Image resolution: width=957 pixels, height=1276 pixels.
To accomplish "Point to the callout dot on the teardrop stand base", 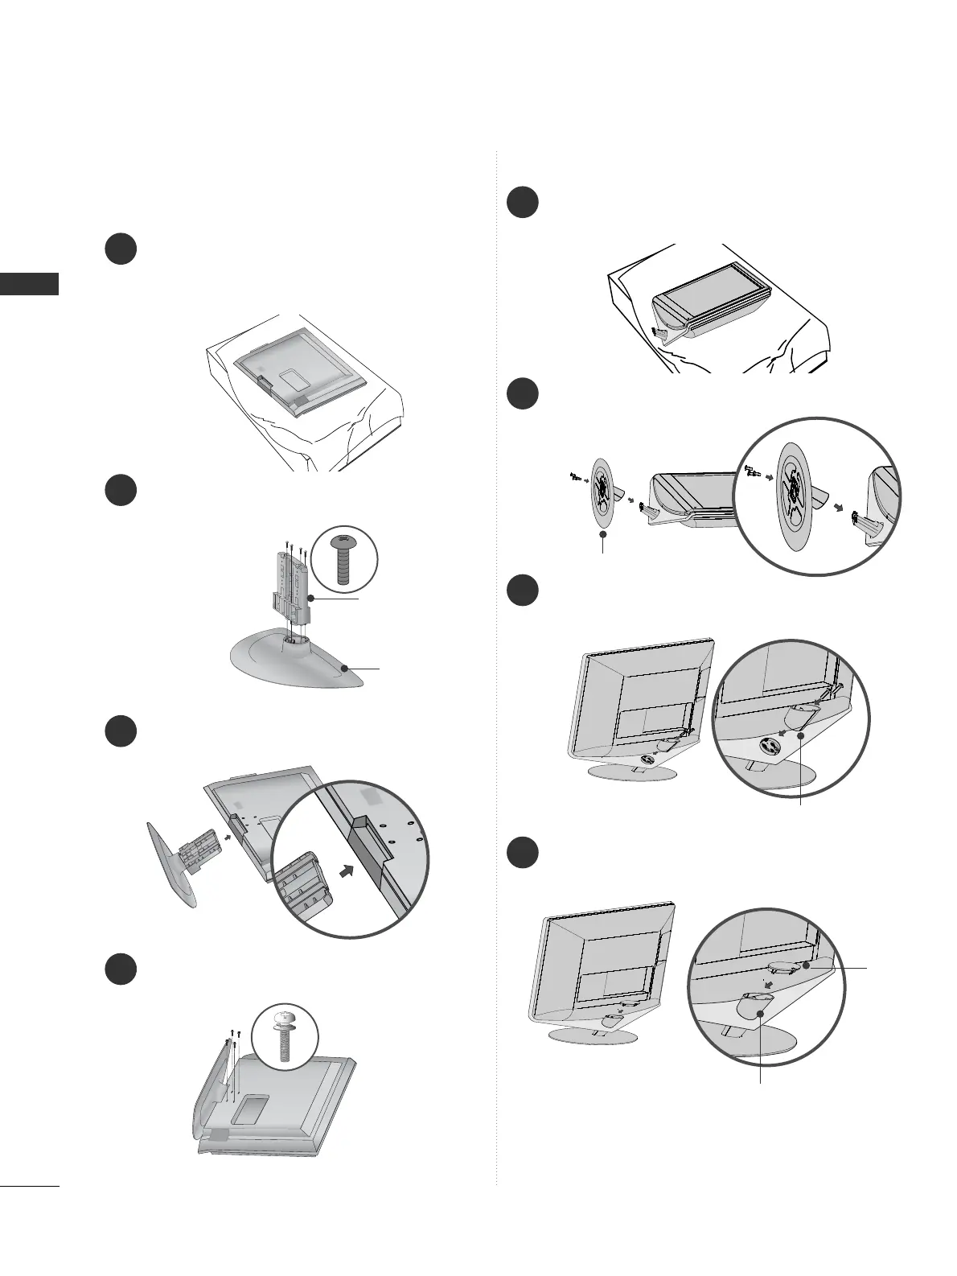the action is (344, 668).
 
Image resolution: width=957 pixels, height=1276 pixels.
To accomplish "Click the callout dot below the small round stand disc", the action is (603, 533).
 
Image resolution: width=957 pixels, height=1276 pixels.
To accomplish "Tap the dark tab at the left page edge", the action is (30, 284).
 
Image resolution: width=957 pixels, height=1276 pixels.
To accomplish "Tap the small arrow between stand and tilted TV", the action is (231, 837).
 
